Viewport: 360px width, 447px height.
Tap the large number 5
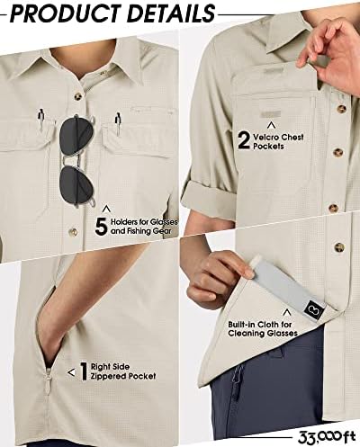coord(101,227)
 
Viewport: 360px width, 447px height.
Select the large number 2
coord(244,140)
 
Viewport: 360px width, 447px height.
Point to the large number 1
coord(84,371)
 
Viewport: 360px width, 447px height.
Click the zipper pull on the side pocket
coord(48,380)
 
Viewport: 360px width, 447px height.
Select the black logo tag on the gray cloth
coord(310,309)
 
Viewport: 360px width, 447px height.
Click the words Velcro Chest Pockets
coord(278,141)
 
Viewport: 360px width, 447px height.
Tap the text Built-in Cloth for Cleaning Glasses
coord(263,329)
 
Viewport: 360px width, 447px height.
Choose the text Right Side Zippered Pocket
coord(123,371)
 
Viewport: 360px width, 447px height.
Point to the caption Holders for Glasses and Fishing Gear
coord(144,227)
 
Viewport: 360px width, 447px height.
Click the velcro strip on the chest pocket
coord(271,114)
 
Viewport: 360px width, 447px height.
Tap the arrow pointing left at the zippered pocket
coord(71,372)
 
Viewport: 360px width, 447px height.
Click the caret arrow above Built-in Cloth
coord(287,312)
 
